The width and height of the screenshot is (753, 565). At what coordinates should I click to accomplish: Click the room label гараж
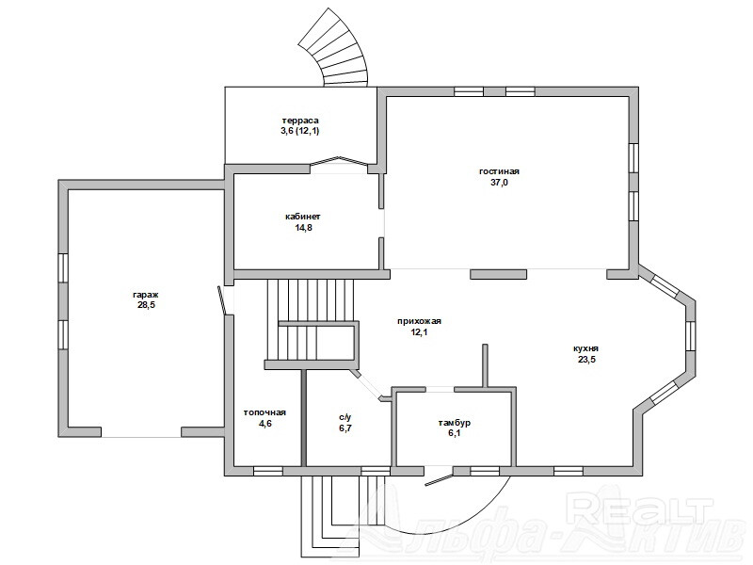[146, 295]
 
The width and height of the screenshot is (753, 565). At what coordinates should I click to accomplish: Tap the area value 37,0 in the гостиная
[499, 183]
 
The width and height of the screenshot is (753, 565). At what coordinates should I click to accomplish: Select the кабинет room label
[303, 217]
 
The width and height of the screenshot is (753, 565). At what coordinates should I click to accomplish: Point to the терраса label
[300, 121]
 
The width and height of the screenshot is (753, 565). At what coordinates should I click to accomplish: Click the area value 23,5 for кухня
[586, 360]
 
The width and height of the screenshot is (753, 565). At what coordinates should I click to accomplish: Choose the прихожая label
[419, 321]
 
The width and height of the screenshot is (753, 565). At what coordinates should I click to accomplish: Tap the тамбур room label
[454, 423]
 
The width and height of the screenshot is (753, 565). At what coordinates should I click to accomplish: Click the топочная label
[264, 412]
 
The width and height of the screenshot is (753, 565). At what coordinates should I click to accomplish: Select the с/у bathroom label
[344, 417]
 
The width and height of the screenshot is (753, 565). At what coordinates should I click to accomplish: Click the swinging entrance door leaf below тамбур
[439, 480]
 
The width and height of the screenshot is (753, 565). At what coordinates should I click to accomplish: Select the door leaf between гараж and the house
[221, 300]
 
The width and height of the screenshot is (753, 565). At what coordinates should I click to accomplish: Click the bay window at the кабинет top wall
[339, 161]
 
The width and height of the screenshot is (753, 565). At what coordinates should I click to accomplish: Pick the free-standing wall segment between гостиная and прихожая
[498, 274]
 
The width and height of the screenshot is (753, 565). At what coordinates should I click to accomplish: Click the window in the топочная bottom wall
[268, 471]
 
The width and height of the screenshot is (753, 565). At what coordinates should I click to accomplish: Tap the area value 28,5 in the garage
[146, 305]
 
